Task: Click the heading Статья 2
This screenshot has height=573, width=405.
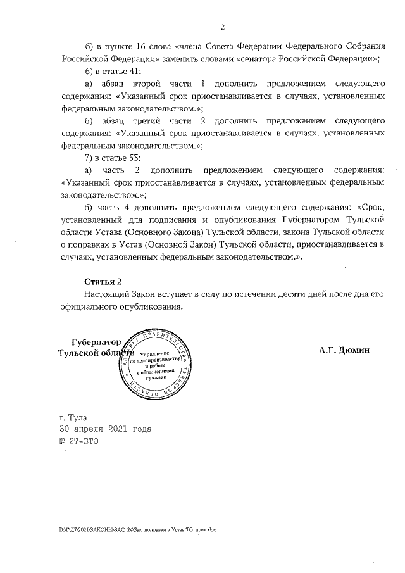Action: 103,281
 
